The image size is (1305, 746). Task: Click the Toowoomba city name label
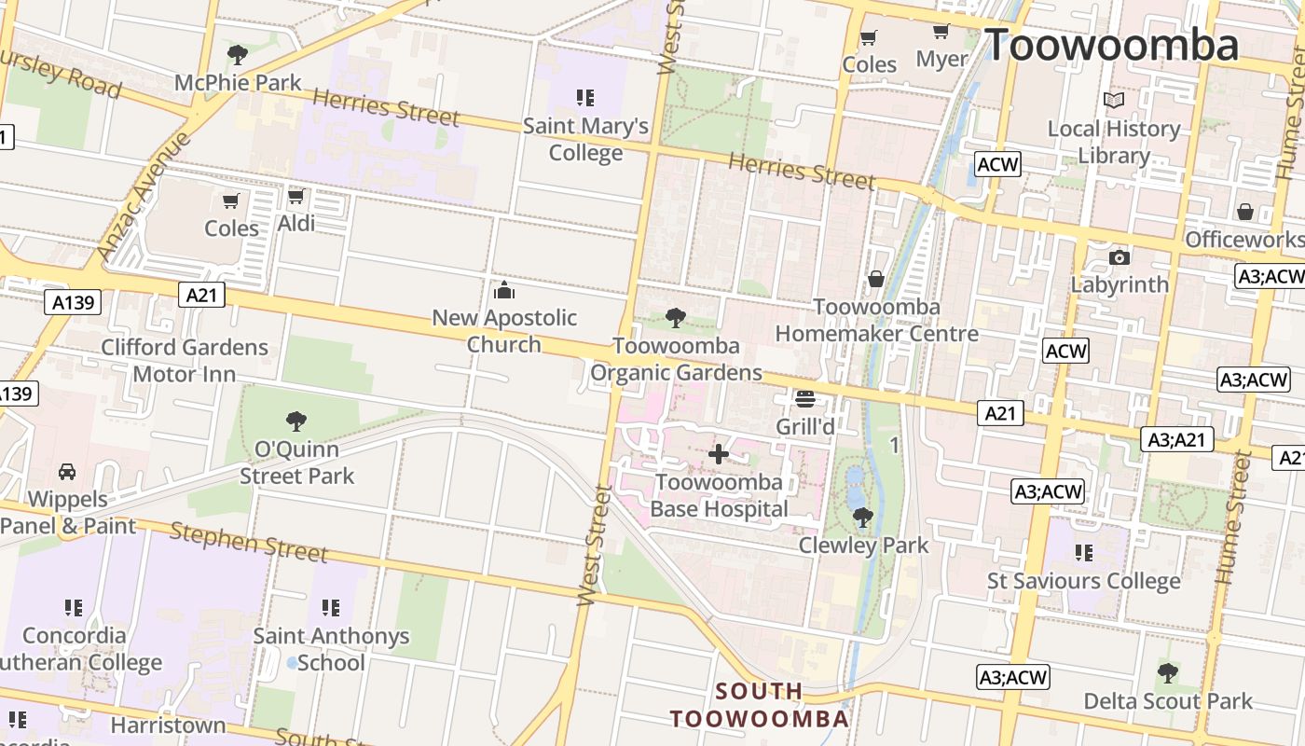click(x=1111, y=46)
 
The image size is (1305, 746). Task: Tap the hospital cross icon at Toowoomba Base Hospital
click(x=718, y=454)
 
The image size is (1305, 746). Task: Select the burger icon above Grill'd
click(x=805, y=399)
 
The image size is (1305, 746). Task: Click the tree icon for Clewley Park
click(x=862, y=517)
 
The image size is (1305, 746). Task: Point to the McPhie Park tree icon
click(x=238, y=55)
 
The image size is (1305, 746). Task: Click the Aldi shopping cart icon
click(x=295, y=196)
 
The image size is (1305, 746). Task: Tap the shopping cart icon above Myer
click(x=941, y=32)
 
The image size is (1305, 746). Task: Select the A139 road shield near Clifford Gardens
click(x=72, y=301)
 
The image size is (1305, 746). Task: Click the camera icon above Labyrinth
click(x=1119, y=257)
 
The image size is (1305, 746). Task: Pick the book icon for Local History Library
click(x=1113, y=100)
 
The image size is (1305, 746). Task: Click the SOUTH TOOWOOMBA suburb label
click(x=760, y=705)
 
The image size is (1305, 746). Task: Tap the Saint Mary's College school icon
click(x=584, y=97)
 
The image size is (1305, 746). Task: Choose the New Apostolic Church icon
click(x=504, y=289)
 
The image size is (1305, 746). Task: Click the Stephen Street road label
click(x=249, y=543)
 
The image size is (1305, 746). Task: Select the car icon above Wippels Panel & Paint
click(x=67, y=471)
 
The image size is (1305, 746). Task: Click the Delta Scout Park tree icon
click(x=1167, y=672)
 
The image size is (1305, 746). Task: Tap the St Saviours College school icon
click(x=1083, y=553)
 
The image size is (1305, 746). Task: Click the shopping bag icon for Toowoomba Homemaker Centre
click(x=875, y=279)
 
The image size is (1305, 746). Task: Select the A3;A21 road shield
click(x=1178, y=439)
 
